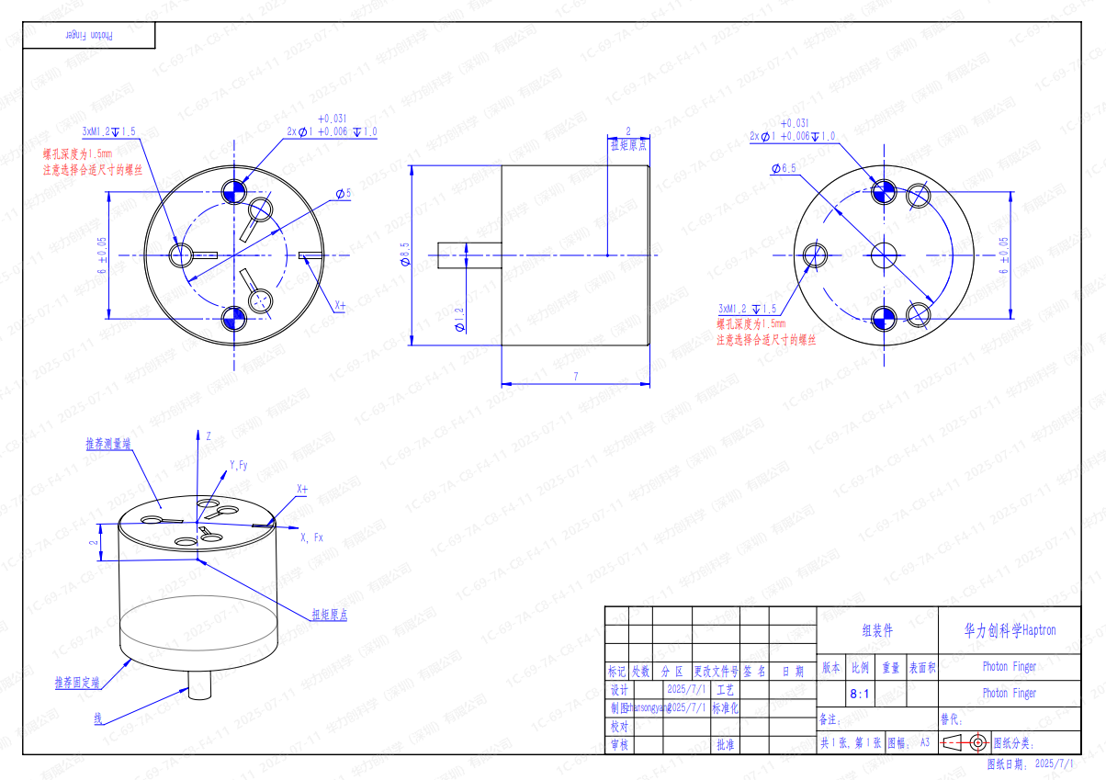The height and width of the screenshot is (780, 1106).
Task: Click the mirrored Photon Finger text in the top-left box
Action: [x=90, y=35]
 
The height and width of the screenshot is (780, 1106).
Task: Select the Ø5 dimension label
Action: [x=344, y=194]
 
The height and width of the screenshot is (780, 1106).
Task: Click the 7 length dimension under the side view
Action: [x=575, y=377]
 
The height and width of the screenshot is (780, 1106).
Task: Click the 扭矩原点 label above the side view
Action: [x=628, y=145]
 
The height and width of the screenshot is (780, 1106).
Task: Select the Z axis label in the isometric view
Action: [x=209, y=435]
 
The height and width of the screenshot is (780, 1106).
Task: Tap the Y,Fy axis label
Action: [x=239, y=466]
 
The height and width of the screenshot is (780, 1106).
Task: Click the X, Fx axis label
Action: [x=311, y=537]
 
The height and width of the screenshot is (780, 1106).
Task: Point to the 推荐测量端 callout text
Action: [x=107, y=444]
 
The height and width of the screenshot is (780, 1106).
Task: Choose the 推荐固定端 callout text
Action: [x=76, y=684]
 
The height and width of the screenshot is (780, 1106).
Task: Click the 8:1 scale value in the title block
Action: [x=860, y=694]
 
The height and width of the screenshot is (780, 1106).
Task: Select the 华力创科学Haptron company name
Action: [x=1010, y=630]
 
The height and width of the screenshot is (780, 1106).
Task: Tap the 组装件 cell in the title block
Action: [x=876, y=630]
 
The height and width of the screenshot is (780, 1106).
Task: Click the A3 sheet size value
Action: [x=924, y=741]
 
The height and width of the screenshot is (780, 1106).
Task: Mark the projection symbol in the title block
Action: [x=965, y=741]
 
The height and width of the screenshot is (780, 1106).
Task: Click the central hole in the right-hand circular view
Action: [x=885, y=254]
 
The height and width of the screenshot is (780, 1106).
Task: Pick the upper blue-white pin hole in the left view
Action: [x=234, y=190]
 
